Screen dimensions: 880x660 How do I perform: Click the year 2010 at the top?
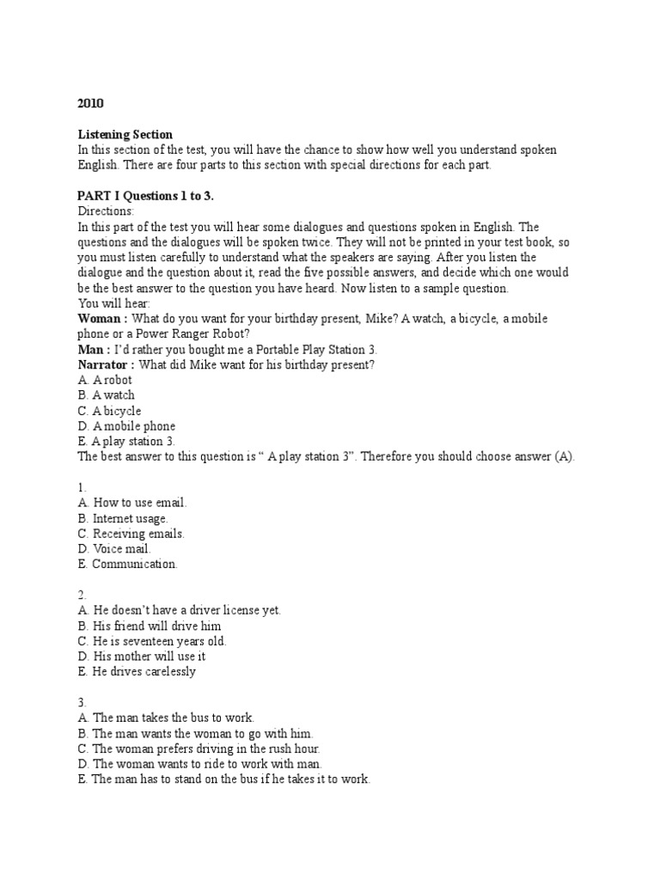click(90, 103)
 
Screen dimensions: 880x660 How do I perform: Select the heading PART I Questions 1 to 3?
click(145, 196)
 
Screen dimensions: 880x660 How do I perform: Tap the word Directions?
click(106, 211)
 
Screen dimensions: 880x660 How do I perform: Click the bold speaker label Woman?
click(101, 319)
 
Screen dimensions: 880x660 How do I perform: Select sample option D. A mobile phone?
click(126, 426)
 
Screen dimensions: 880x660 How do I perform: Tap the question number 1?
click(82, 487)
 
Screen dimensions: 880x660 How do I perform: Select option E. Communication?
click(127, 564)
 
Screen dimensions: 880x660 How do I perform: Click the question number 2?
click(82, 595)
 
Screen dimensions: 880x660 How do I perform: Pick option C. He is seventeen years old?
click(152, 641)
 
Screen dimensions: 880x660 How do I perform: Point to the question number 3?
click(82, 702)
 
